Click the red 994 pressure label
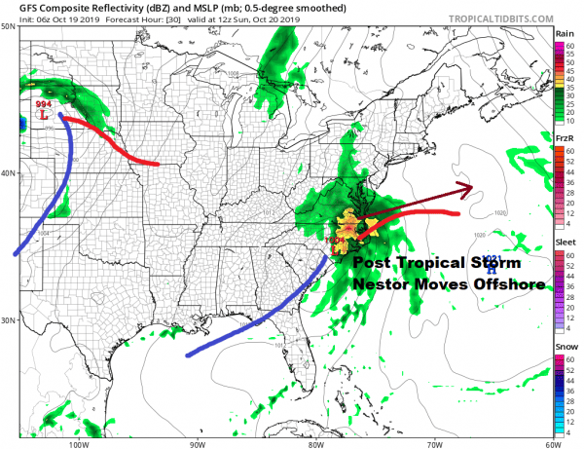(43, 102)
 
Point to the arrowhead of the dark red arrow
(468, 188)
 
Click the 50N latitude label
(8, 26)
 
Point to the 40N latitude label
(8, 173)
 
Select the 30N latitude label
(8, 320)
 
